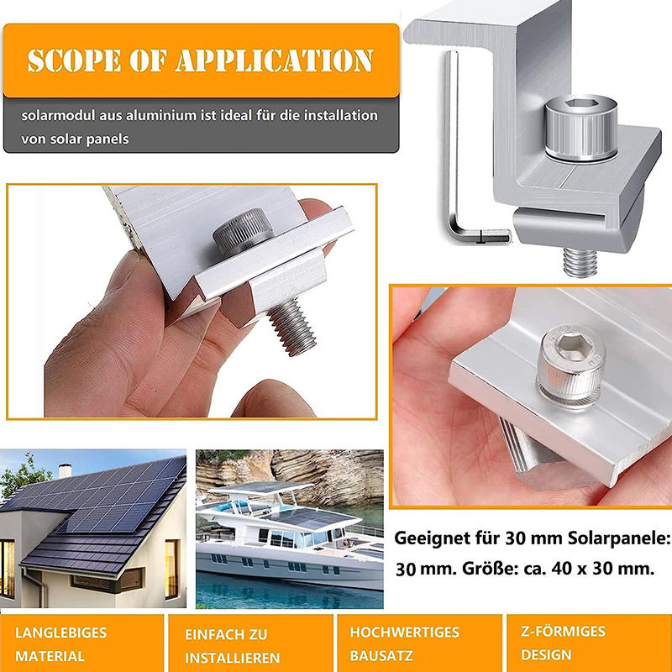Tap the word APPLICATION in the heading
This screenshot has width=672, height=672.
coord(275,60)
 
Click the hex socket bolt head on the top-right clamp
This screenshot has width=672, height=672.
coord(580,128)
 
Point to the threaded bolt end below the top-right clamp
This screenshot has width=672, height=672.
coord(580,262)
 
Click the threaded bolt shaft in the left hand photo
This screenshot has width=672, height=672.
coord(292,327)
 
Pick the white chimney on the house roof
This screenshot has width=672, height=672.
coord(65,470)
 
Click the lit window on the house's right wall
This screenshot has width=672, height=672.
coord(171,569)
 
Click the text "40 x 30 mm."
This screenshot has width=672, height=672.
coord(603,569)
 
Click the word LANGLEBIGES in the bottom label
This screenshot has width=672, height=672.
coord(60,633)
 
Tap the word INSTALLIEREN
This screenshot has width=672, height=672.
coord(233,658)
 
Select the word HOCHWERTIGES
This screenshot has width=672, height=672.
coord(404,633)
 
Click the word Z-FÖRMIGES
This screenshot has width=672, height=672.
coord(563,631)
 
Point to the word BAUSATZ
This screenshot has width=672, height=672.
coord(381,656)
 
